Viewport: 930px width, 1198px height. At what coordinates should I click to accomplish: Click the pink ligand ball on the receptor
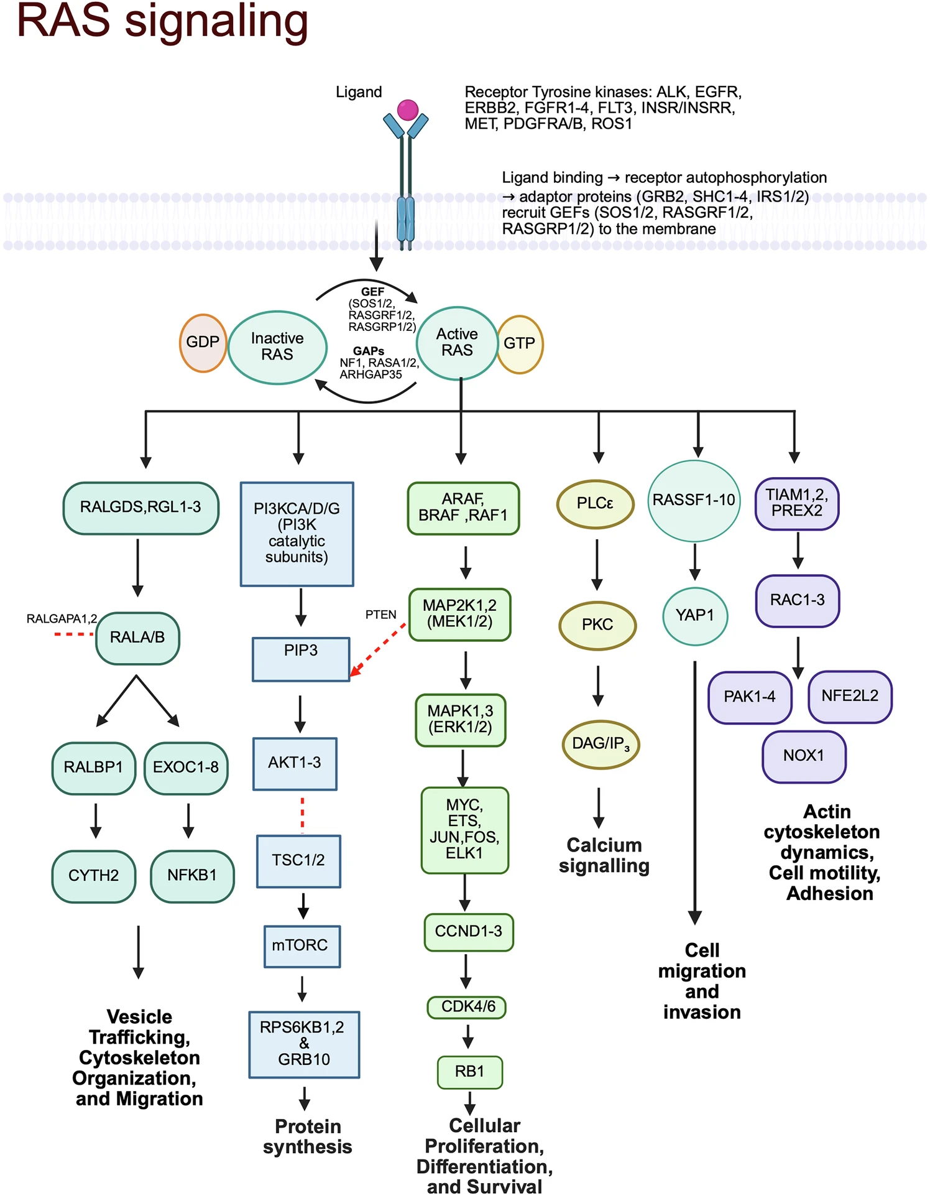[407, 110]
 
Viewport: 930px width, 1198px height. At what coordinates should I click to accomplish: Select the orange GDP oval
[203, 343]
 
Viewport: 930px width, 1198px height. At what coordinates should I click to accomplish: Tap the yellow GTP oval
[520, 344]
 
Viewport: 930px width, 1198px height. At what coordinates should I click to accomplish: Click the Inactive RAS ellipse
[277, 347]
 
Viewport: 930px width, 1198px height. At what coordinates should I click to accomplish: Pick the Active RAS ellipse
[457, 343]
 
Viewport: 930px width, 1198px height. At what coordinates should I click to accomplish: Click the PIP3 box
[301, 659]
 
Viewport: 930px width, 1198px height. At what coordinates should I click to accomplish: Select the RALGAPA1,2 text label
[62, 619]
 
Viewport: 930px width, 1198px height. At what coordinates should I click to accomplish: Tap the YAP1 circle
[695, 616]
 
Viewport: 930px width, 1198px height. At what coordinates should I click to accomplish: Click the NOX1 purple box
[804, 756]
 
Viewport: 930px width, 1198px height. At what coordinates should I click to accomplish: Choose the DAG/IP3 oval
[601, 744]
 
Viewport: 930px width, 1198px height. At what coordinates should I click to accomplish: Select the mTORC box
[302, 945]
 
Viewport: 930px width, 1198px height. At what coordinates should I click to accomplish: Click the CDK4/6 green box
[467, 1006]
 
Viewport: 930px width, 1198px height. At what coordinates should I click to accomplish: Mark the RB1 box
[469, 1071]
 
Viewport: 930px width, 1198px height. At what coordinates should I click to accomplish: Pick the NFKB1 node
[192, 876]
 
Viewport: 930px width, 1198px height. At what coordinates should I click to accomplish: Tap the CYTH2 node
[94, 876]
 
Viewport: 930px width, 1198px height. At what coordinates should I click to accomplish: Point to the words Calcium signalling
[604, 855]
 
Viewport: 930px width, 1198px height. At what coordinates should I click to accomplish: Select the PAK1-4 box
[750, 697]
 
